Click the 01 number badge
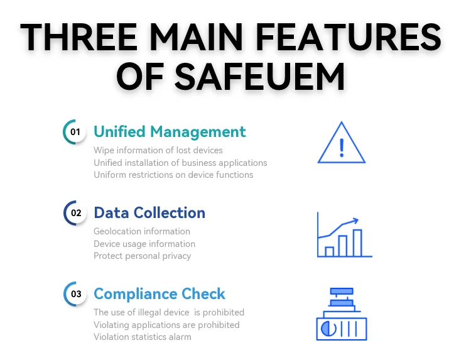(x=75, y=132)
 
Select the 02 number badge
(x=75, y=213)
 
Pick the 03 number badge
(x=75, y=293)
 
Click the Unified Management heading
(x=170, y=132)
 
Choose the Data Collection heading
(x=149, y=213)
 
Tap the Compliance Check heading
(x=160, y=293)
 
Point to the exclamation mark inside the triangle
(x=341, y=147)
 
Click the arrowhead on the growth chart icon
(x=355, y=220)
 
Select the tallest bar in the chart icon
(x=357, y=243)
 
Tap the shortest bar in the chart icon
(x=329, y=251)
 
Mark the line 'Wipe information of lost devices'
(x=158, y=150)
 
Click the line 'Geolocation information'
(x=142, y=231)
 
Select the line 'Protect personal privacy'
(x=143, y=256)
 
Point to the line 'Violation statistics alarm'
(x=143, y=337)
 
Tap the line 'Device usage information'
(x=144, y=244)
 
